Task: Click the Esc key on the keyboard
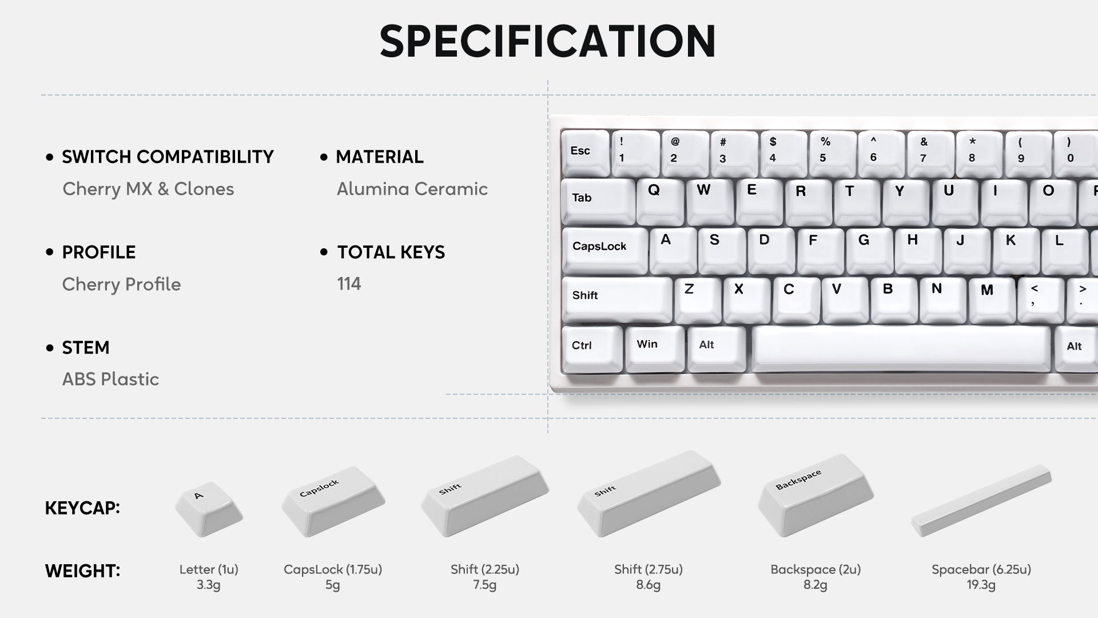585,153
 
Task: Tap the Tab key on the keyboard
598,201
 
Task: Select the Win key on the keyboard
654,348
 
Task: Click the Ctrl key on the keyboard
592,349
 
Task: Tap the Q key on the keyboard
660,201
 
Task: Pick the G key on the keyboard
869,250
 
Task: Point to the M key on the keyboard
992,299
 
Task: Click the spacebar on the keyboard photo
901,349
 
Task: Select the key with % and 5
833,153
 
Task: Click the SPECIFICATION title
548,41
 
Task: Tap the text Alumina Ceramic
412,189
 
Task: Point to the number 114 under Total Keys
349,284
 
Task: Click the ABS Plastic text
110,379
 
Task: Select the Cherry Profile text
121,284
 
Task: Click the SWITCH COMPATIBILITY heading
168,157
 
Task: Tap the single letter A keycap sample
209,509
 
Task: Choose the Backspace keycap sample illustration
815,496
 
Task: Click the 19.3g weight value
981,585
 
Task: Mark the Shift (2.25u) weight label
485,569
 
